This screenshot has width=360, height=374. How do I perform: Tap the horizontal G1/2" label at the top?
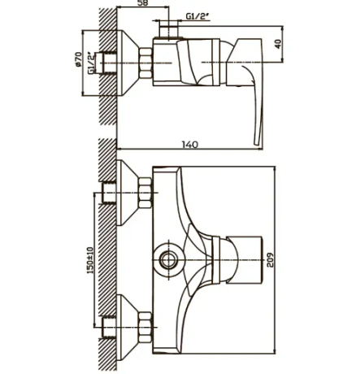197,16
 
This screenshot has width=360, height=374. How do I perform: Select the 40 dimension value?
278,44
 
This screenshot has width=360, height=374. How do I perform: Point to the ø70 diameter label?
78,59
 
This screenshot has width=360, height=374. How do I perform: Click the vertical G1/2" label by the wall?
92,63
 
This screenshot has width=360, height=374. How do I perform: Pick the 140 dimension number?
190,145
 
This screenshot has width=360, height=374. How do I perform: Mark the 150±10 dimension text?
90,260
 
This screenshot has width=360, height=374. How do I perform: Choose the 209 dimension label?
270,260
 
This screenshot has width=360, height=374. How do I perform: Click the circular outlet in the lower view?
168,260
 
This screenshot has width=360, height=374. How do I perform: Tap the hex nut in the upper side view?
145,63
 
